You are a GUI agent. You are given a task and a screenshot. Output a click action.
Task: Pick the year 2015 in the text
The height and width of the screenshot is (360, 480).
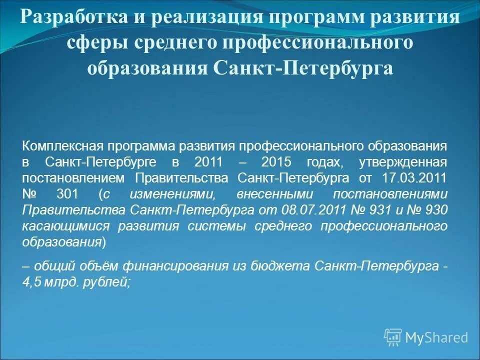[x=277, y=162]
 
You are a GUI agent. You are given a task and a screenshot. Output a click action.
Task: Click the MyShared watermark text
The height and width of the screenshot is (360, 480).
[x=436, y=337]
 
